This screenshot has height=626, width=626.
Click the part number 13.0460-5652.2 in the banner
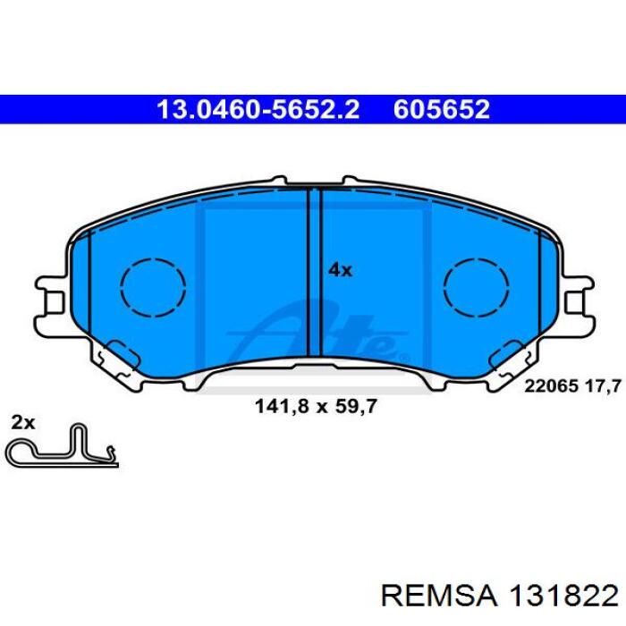tap(258, 109)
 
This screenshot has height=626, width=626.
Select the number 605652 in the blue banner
tap(442, 109)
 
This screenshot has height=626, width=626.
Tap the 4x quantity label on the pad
tap(340, 270)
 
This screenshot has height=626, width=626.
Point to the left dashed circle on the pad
tap(153, 287)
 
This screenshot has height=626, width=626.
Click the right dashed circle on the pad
tap(476, 287)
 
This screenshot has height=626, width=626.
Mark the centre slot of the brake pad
tap(315, 272)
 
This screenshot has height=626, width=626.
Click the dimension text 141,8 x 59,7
tap(316, 406)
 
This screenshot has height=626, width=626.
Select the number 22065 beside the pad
tap(551, 386)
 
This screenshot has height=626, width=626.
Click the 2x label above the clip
tap(23, 422)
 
